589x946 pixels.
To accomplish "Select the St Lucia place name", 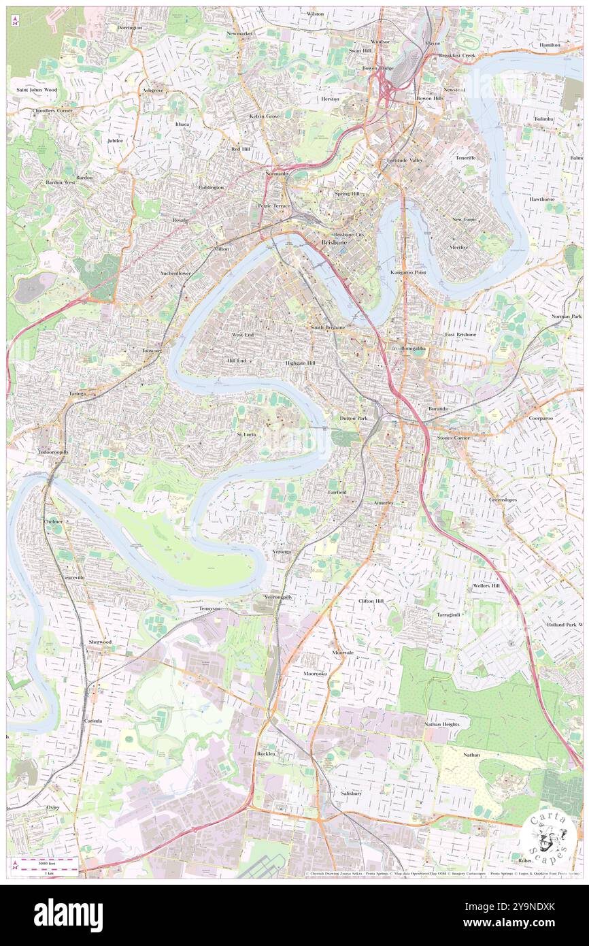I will (x=246, y=434).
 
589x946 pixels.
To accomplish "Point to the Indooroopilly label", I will (x=53, y=451).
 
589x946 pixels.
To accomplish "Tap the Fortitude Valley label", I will (x=405, y=160).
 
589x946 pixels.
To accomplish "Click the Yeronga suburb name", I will (x=282, y=551).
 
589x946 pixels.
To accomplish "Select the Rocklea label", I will (x=266, y=754).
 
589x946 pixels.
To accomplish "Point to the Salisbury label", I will (x=351, y=793).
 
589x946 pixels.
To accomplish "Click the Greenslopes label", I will (x=503, y=500).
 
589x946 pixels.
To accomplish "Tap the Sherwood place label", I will (x=100, y=642).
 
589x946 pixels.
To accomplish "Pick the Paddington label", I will (x=211, y=187).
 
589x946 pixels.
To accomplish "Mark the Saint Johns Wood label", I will (x=37, y=90).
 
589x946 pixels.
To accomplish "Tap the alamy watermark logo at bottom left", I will (x=68, y=915).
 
